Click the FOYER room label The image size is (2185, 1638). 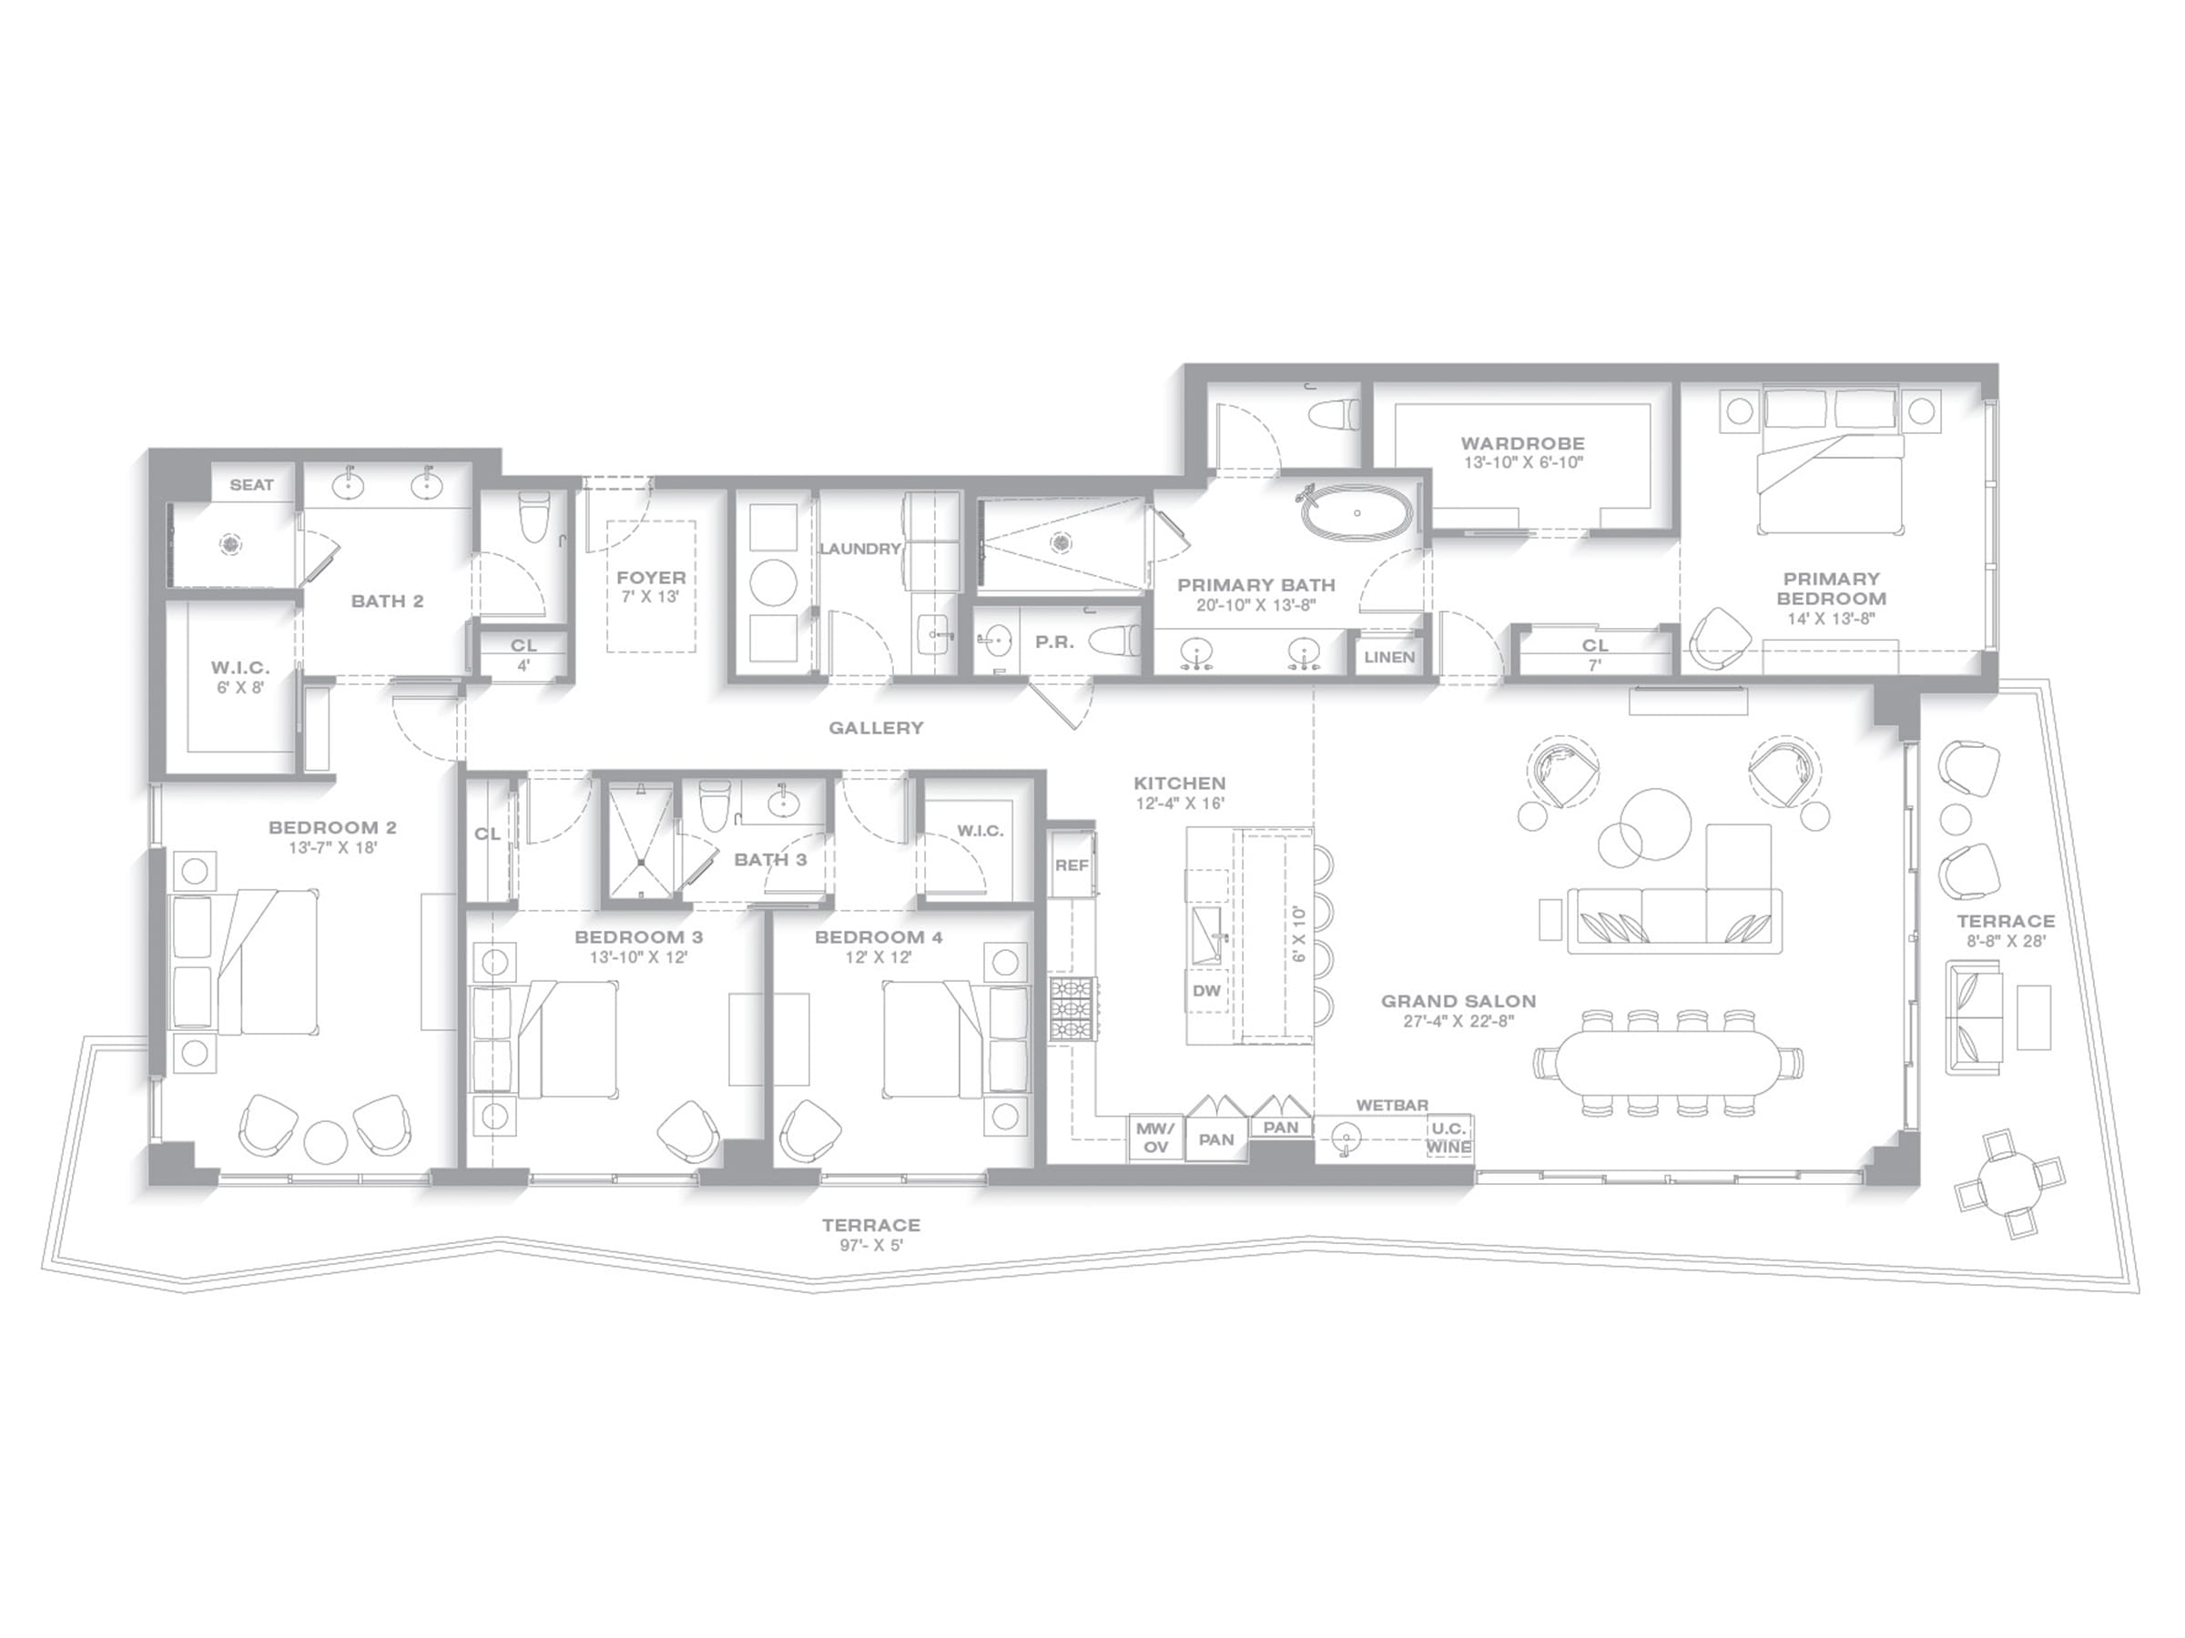[x=651, y=578]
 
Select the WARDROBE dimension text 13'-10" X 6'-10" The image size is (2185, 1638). [x=1523, y=463]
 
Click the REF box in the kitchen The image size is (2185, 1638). [x=1072, y=864]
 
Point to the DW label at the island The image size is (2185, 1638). [x=1207, y=990]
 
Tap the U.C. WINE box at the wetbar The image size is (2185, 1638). [x=1449, y=1137]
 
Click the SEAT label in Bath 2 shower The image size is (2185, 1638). [x=252, y=485]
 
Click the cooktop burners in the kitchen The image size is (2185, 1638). [x=1072, y=1008]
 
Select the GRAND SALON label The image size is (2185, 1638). [x=1458, y=1001]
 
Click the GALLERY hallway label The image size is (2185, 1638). [x=876, y=728]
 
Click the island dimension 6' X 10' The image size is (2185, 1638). [x=1298, y=933]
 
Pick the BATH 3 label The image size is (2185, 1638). [x=770, y=860]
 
